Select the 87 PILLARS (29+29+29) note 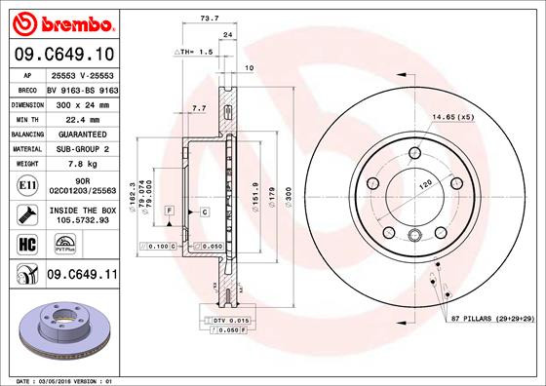pyautogui.click(x=489, y=319)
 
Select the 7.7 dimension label pyautogui.click(x=199, y=107)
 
